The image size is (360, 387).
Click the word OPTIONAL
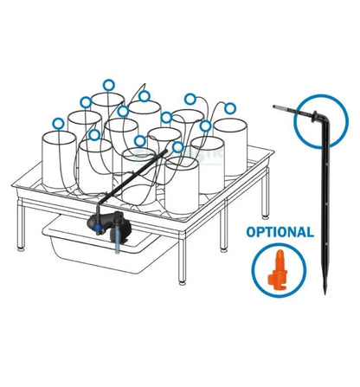tap(280, 232)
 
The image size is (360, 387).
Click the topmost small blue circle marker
tap(108, 85)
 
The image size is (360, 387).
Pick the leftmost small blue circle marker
tap(58, 122)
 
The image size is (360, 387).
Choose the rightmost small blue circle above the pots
tap(230, 107)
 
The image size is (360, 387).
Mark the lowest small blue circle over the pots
tap(178, 147)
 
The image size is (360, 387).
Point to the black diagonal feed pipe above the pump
tap(143, 177)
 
